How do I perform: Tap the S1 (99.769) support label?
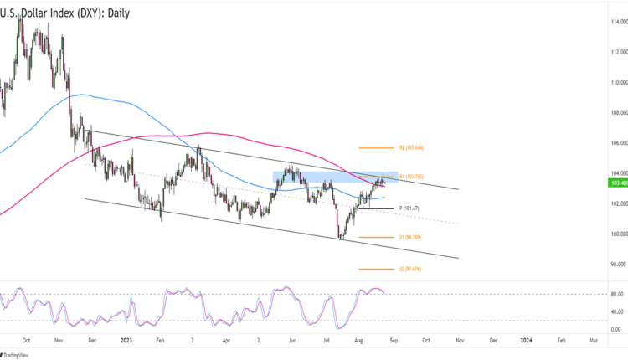(x=414, y=238)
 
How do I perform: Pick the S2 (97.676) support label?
(x=414, y=269)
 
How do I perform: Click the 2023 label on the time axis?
(x=126, y=341)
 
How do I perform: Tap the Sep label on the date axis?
(x=392, y=341)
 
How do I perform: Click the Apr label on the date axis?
(x=226, y=341)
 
